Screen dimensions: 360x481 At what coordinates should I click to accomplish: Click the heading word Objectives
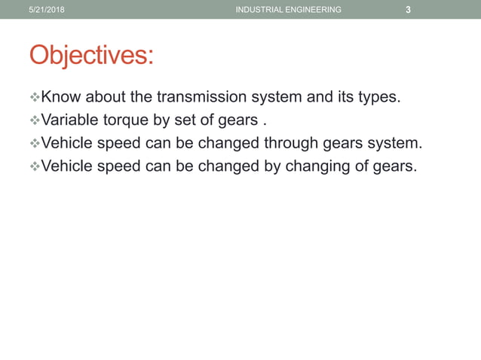[x=90, y=55]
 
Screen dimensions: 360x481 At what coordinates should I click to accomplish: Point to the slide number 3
[x=408, y=10]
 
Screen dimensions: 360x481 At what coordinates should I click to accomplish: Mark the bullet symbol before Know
[x=34, y=96]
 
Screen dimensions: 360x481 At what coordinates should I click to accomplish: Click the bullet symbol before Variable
[x=34, y=120]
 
